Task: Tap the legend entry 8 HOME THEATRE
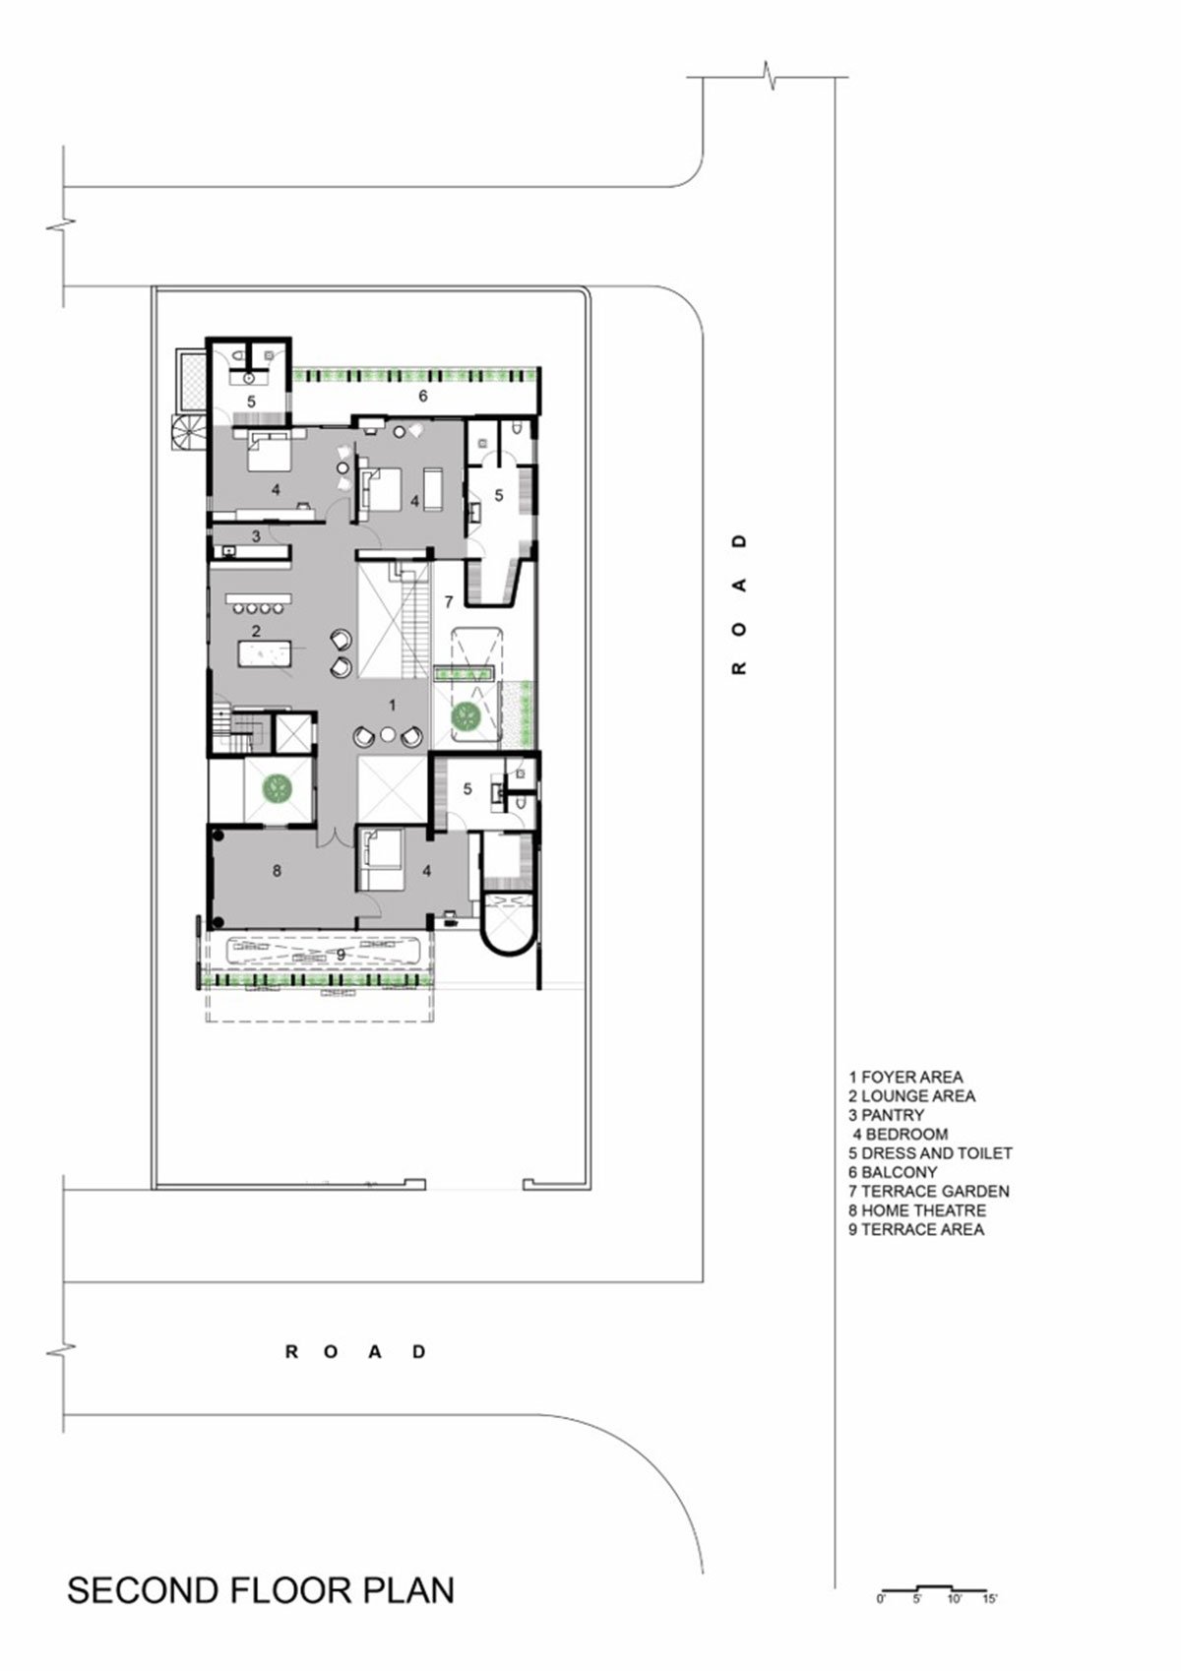tap(917, 1210)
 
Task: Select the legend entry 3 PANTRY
tap(887, 1115)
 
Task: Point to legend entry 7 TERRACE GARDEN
tap(929, 1192)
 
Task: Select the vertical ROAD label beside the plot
tap(739, 603)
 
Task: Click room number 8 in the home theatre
tap(277, 871)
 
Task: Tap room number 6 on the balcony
tap(423, 397)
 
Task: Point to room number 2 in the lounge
tap(256, 631)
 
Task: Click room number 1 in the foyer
tap(393, 705)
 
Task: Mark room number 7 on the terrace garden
tap(449, 601)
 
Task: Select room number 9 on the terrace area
tap(341, 955)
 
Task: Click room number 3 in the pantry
tap(256, 535)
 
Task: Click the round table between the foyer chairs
tap(388, 735)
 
